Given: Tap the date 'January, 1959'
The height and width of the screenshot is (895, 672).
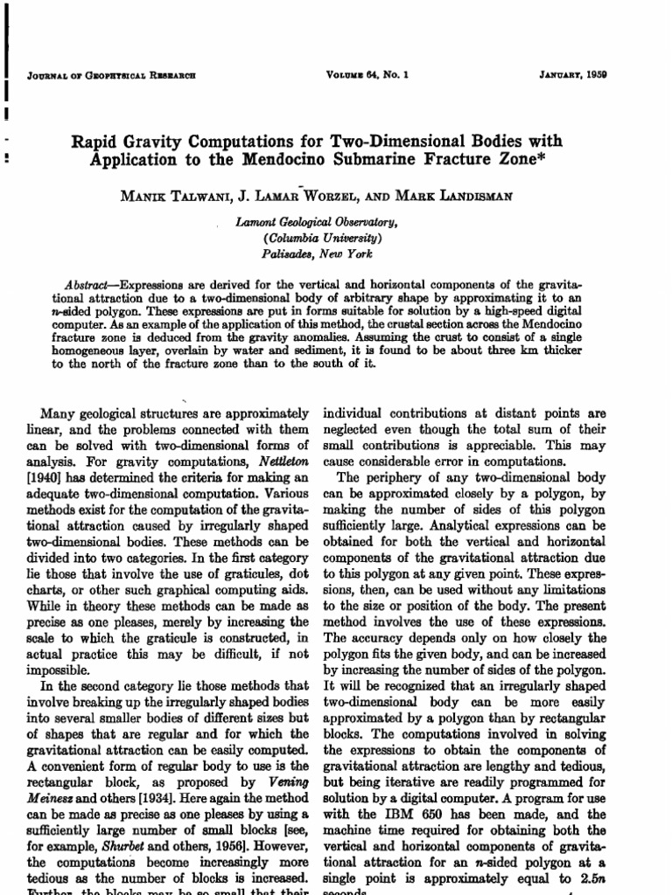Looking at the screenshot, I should pos(573,74).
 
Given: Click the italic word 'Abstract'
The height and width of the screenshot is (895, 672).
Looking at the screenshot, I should pos(90,286).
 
